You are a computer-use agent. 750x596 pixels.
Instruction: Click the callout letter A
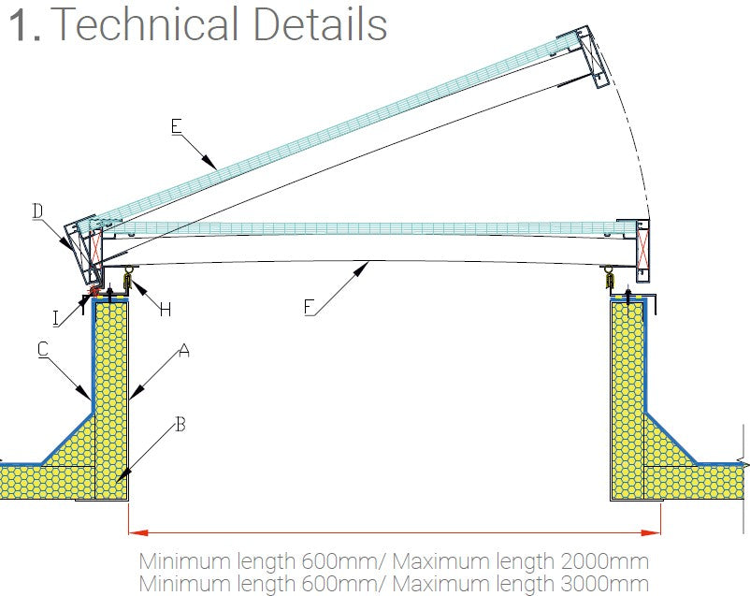[x=184, y=351]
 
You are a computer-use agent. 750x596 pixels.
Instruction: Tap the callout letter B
[x=180, y=425]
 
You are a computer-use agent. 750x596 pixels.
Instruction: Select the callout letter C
[x=43, y=349]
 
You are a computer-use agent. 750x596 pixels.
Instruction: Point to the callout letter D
[x=37, y=211]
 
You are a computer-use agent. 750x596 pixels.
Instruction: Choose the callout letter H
[x=165, y=310]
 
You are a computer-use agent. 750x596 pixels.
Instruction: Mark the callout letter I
[x=57, y=318]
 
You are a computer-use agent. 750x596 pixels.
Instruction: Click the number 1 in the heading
[x=21, y=25]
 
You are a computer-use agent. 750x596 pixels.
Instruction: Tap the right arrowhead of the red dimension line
[x=654, y=533]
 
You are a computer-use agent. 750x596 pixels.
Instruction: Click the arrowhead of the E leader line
[x=216, y=167]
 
